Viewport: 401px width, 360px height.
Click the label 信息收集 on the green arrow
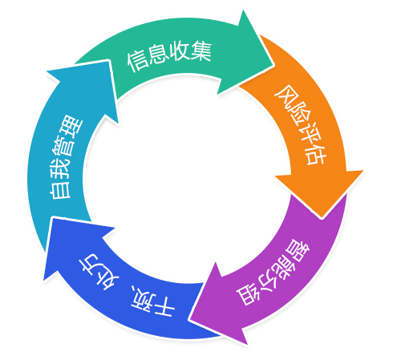[x=169, y=56]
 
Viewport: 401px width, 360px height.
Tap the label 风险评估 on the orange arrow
[x=301, y=125]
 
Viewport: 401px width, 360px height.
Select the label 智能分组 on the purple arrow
[x=273, y=273]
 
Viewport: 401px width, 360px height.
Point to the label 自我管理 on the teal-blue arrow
[x=67, y=157]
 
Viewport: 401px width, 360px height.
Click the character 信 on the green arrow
[x=137, y=62]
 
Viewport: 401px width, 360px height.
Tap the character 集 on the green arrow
[x=201, y=51]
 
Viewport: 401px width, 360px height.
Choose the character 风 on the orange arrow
[x=285, y=95]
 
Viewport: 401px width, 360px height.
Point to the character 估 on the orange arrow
[x=316, y=155]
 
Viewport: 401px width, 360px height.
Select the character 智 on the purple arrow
[x=298, y=251]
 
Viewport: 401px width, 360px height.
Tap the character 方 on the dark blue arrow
[x=91, y=264]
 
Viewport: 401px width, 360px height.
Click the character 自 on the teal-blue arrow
[x=60, y=189]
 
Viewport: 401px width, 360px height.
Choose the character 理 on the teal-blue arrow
[x=72, y=126]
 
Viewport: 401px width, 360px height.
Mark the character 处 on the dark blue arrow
[x=107, y=280]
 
